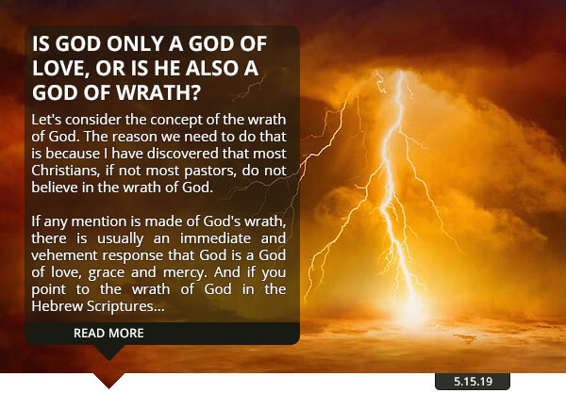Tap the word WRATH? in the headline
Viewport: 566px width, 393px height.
158,92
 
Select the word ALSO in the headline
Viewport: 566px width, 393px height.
212,68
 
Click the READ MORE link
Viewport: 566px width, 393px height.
108,333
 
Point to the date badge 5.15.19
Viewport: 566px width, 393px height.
473,382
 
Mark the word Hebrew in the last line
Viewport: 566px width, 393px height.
57,305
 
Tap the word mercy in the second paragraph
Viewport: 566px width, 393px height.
185,272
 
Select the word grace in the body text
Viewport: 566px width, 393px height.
107,272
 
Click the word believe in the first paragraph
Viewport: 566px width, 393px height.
55,188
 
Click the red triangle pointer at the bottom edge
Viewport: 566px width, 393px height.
108,380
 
